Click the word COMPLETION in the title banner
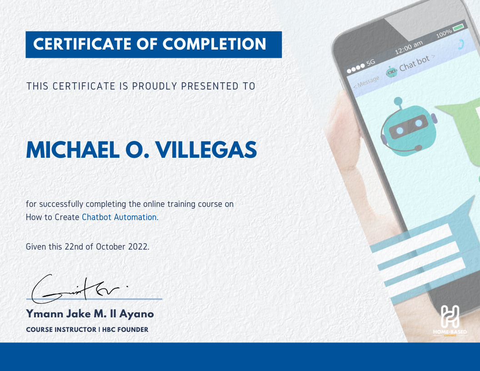214,44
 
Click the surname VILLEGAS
206,150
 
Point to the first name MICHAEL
73,150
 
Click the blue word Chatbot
97,217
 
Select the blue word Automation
136,217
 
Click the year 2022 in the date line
139,247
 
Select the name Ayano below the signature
136,314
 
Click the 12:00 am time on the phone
409,47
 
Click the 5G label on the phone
371,62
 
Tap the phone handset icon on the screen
461,45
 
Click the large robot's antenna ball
398,101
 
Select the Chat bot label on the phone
415,63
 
